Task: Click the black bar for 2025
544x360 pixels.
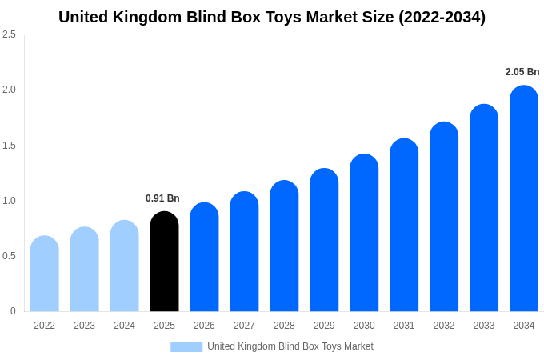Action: tap(164, 262)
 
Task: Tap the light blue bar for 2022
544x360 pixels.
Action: tap(44, 274)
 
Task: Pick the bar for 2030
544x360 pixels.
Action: tap(364, 233)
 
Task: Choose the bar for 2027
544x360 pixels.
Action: tap(244, 251)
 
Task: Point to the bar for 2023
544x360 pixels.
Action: tap(84, 270)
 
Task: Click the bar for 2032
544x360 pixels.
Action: tap(444, 217)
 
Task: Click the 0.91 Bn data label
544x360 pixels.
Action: tap(162, 198)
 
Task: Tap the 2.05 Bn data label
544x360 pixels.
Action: tap(522, 72)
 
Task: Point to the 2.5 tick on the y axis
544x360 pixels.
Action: tap(9, 34)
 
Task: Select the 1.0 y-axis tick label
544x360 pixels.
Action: tap(9, 201)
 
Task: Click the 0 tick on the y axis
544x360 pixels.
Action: tap(13, 311)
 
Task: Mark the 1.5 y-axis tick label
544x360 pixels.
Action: tap(9, 146)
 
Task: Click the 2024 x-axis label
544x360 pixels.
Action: tap(124, 326)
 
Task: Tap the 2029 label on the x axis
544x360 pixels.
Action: tap(324, 326)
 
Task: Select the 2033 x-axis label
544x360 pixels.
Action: tap(484, 326)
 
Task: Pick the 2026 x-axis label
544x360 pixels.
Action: tap(204, 326)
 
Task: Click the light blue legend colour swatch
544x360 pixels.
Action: tap(186, 347)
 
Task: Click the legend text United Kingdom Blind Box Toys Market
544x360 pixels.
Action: tap(290, 346)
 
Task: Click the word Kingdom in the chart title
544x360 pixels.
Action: tap(154, 17)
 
